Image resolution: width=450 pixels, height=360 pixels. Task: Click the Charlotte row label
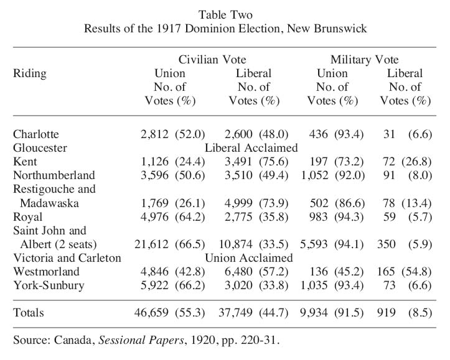pos(36,134)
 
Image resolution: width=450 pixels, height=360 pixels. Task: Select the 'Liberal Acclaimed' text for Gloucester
pos(251,148)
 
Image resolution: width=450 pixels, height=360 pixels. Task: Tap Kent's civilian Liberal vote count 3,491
pos(238,162)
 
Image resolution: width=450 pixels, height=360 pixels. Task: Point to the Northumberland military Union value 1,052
pos(314,175)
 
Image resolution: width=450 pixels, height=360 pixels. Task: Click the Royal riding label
pos(27,217)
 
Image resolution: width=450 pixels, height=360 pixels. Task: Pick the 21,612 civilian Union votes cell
pos(151,244)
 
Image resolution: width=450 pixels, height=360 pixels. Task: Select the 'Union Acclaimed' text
pos(249,258)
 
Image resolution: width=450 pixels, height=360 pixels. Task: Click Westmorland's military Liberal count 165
pos(387,272)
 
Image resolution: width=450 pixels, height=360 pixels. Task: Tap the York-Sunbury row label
pos(49,285)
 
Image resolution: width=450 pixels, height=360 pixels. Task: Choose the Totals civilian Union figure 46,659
pos(151,313)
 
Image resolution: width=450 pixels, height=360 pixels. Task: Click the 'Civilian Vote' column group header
pos(212,60)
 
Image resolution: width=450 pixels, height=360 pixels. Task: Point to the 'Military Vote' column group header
pos(365,60)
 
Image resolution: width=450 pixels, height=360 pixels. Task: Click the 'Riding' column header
pos(30,73)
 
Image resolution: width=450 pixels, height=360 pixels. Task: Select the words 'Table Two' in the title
pos(225,15)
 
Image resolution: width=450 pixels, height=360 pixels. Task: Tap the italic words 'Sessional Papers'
pos(141,340)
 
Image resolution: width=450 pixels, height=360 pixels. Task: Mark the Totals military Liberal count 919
pos(387,313)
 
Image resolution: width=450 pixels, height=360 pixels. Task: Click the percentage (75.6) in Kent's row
pos(273,162)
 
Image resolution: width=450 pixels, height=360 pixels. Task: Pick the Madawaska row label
pos(49,203)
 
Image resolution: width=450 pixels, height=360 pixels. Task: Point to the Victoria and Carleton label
pos(67,258)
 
